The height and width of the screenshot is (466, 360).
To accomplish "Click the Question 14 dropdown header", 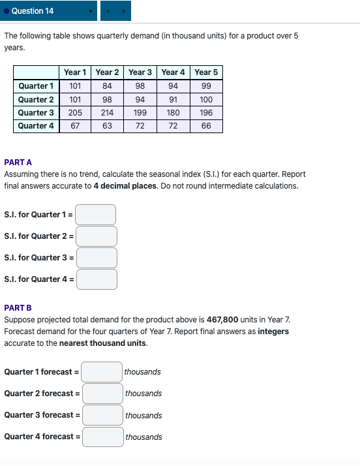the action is pyautogui.click(x=49, y=11).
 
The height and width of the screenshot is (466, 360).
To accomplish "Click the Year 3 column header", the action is pyautogui.click(x=140, y=72).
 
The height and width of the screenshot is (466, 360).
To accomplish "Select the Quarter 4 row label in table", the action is pyautogui.click(x=36, y=126).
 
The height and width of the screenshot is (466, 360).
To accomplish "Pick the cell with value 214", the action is pyautogui.click(x=108, y=113).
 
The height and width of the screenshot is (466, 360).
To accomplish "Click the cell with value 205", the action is pyautogui.click(x=75, y=113).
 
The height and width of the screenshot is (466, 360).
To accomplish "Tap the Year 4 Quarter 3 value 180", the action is pyautogui.click(x=173, y=113).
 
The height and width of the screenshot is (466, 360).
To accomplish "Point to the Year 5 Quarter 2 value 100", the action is pyautogui.click(x=206, y=100).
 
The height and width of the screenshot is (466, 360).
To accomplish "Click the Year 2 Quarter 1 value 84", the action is pyautogui.click(x=108, y=86).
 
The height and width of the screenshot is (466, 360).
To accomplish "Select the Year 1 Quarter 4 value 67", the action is pyautogui.click(x=75, y=126).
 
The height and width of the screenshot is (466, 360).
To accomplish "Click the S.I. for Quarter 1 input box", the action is pyautogui.click(x=96, y=215).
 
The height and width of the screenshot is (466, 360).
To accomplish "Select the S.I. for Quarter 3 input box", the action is pyautogui.click(x=97, y=258).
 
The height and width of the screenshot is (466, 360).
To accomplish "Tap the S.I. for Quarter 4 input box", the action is pyautogui.click(x=97, y=279).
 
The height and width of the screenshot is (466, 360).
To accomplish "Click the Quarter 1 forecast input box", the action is pyautogui.click(x=102, y=372).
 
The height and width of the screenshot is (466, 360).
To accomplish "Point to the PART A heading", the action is pyautogui.click(x=18, y=162).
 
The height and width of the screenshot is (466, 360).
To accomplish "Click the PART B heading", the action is pyautogui.click(x=18, y=307).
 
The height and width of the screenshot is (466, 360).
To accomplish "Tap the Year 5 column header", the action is pyautogui.click(x=206, y=72).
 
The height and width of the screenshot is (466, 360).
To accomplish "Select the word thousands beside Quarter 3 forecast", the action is pyautogui.click(x=143, y=416).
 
